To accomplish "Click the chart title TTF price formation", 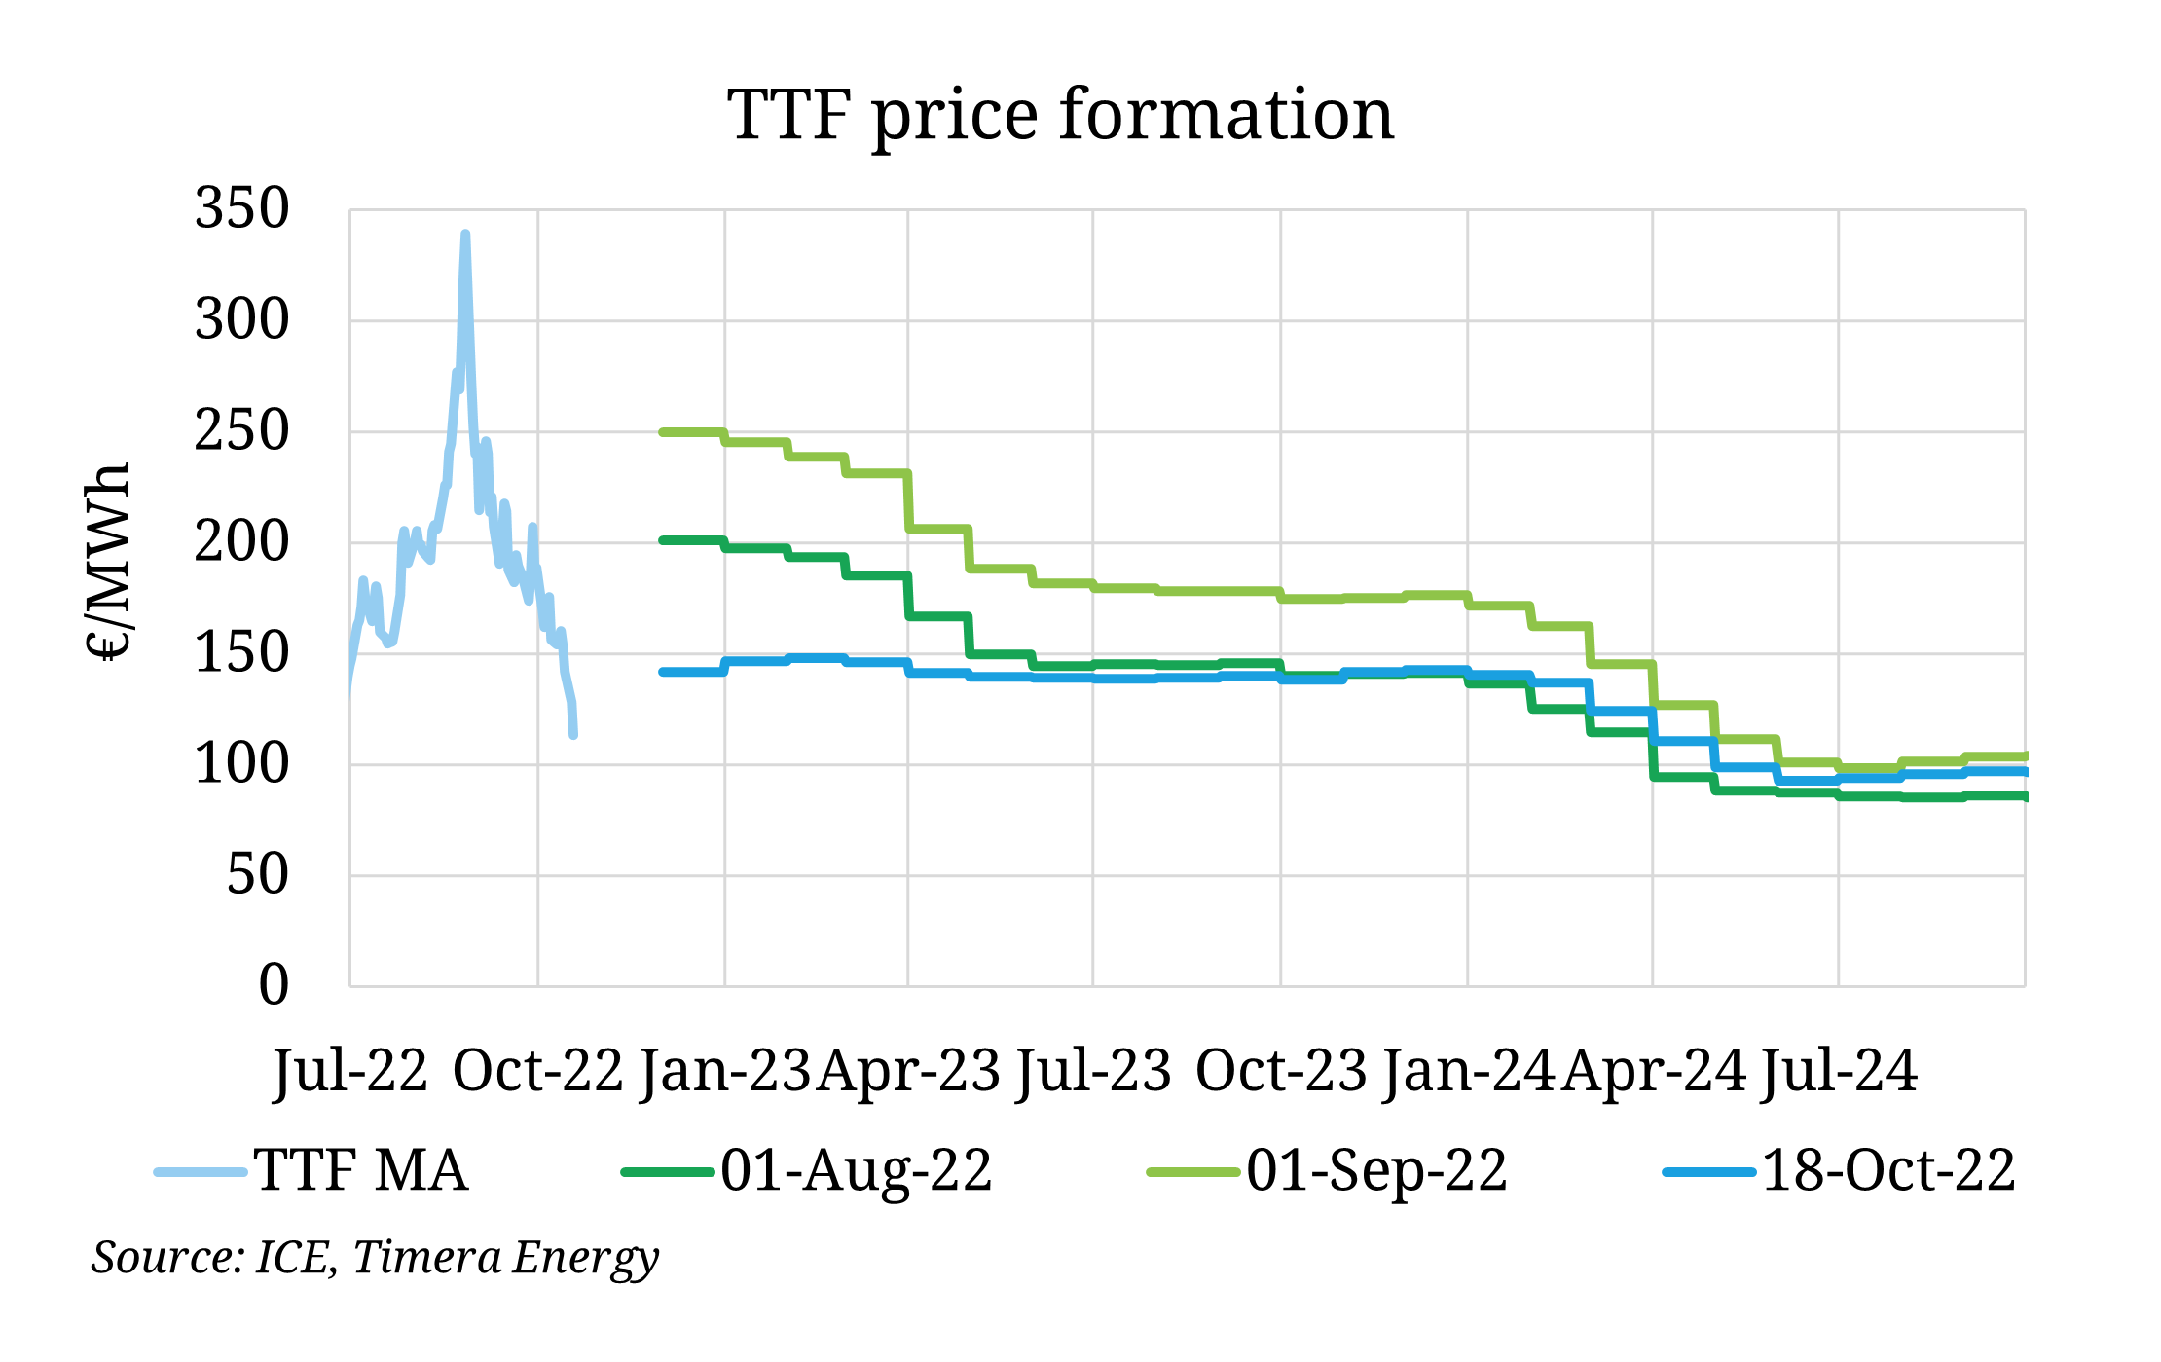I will point(1061,115).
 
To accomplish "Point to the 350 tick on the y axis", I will point(242,208).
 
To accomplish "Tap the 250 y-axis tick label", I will point(242,430).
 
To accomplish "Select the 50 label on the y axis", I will point(258,874).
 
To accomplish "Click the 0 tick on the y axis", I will point(274,984).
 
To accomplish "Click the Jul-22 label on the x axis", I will point(350,1071).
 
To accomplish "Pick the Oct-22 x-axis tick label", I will point(537,1071).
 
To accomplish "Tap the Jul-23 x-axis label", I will point(1093,1071).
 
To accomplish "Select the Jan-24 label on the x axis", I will point(1468,1071).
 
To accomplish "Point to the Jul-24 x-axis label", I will point(1839,1071).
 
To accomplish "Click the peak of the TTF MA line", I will point(465,235).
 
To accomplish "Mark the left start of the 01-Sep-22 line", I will point(663,432).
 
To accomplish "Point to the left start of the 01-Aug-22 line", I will point(663,540).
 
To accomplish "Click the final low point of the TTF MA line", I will point(573,735).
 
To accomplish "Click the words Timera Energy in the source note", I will point(505,1257).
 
